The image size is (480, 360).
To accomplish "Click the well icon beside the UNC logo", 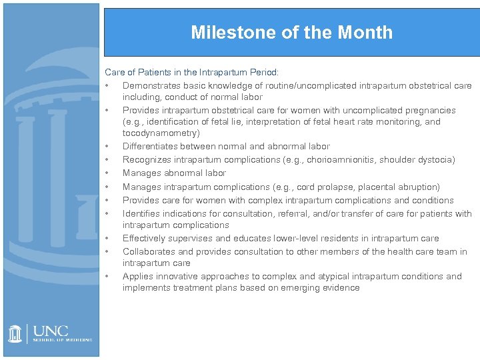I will [15, 333].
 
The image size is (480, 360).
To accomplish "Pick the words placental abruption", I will [401, 187].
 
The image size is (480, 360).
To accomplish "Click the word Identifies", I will [140, 214].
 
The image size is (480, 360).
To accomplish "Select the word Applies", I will [137, 277].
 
